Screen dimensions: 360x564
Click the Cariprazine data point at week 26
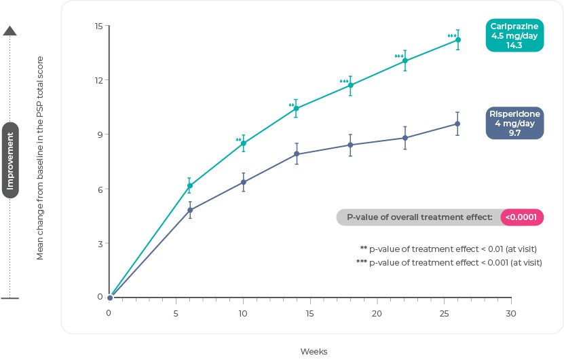pyautogui.click(x=458, y=39)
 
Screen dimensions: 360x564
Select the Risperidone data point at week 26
pyautogui.click(x=457, y=124)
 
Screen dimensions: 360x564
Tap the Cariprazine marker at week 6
pyautogui.click(x=190, y=185)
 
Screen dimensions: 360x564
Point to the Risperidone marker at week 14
pyautogui.click(x=297, y=154)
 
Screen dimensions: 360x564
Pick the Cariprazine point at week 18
pyautogui.click(x=350, y=85)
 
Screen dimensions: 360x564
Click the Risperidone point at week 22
pyautogui.click(x=405, y=138)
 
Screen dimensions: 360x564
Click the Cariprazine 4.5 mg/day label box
pyautogui.click(x=514, y=35)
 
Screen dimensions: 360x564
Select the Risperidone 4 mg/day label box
pyautogui.click(x=514, y=124)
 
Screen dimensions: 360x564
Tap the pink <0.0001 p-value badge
pyautogui.click(x=523, y=217)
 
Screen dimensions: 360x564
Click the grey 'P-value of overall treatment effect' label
pyautogui.click(x=419, y=217)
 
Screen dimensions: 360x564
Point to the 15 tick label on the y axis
pyautogui.click(x=98, y=26)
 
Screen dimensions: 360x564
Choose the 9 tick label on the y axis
pyautogui.click(x=100, y=134)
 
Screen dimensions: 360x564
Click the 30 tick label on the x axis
pyautogui.click(x=511, y=314)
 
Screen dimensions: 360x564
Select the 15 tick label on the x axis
pyautogui.click(x=310, y=314)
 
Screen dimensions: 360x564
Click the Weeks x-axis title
pyautogui.click(x=314, y=351)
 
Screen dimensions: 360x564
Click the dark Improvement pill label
pyautogui.click(x=10, y=160)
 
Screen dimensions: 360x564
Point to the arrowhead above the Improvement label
pyautogui.click(x=10, y=31)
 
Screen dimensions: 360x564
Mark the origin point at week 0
pyautogui.click(x=110, y=298)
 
